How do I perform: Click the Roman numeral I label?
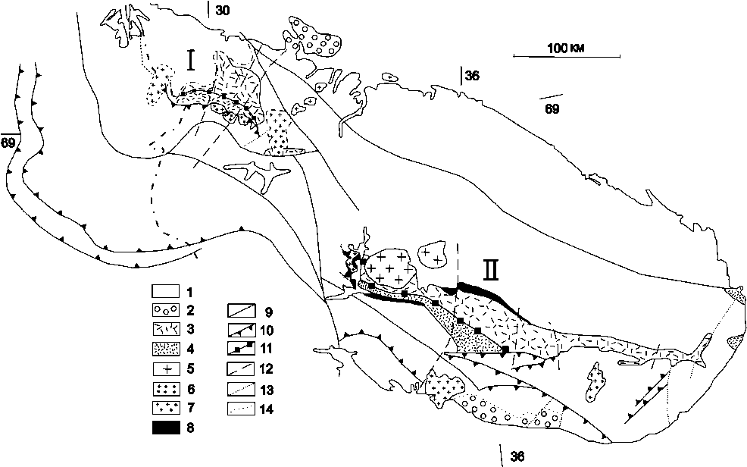192,61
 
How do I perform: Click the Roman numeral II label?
492,270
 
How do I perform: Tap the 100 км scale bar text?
566,48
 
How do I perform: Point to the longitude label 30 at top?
222,10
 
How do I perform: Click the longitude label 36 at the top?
472,75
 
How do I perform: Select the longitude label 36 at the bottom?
517,456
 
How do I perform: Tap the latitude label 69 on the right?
552,108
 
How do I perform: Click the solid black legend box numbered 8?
166,428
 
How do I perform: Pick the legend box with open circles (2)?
166,310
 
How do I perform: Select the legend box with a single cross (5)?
166,369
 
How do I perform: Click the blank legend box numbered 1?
166,291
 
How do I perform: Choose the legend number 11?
267,349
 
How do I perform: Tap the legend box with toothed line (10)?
241,330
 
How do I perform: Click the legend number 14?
267,409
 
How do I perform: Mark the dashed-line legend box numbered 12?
241,369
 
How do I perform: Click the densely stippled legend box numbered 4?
166,349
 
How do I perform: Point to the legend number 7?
191,408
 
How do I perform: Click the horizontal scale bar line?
567,57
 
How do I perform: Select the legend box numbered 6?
166,389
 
